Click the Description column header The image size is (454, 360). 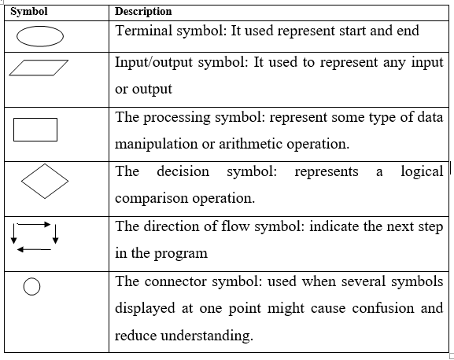144,12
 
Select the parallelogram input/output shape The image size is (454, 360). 39,68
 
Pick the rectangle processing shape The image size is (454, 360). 35,130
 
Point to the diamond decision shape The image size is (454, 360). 45,182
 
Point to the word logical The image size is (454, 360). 422,171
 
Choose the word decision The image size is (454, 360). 183,171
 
